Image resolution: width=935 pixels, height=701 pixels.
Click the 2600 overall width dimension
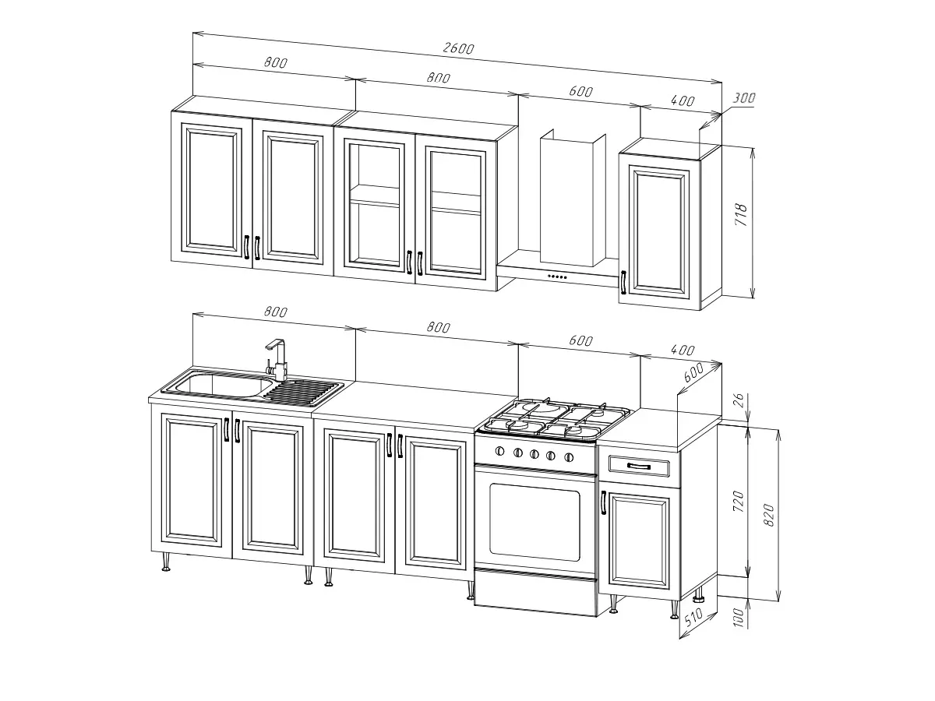(x=458, y=48)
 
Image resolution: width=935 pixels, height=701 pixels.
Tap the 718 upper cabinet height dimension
(x=742, y=214)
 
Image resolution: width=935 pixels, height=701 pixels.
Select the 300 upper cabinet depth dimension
(x=744, y=98)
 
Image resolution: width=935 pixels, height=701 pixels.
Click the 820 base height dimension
(x=769, y=515)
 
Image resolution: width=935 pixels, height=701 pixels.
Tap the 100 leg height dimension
(x=739, y=617)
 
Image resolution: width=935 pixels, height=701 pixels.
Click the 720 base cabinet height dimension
(x=739, y=502)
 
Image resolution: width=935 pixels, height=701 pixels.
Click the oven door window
(x=535, y=522)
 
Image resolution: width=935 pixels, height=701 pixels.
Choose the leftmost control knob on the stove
(x=500, y=451)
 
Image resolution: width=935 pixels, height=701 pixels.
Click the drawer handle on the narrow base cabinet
(x=638, y=467)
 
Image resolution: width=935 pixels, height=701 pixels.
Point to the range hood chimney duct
(x=573, y=198)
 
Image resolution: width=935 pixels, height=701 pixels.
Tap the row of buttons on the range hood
(x=557, y=277)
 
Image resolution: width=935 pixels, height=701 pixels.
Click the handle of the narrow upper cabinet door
(x=623, y=282)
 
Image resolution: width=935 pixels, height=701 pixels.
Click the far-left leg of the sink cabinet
(x=166, y=562)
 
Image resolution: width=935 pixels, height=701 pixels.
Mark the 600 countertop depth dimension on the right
(x=693, y=372)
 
